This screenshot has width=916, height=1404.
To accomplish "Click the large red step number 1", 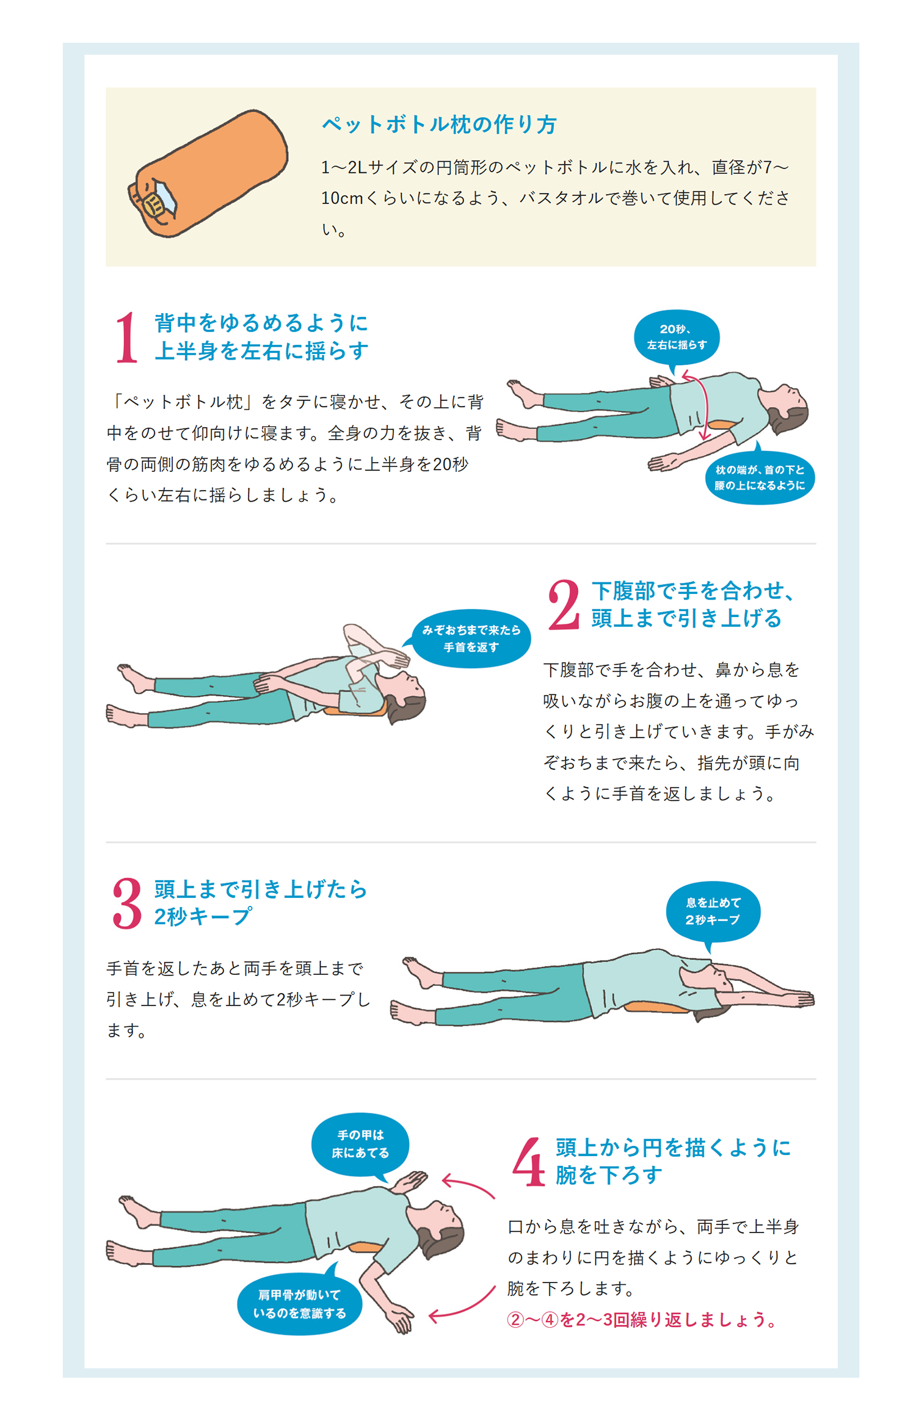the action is pyautogui.click(x=127, y=337).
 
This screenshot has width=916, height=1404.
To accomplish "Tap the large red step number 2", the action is pyautogui.click(x=563, y=604).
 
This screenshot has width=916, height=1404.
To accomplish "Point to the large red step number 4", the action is pyautogui.click(x=529, y=1161).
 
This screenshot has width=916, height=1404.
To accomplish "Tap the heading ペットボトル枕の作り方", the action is pyautogui.click(x=439, y=125).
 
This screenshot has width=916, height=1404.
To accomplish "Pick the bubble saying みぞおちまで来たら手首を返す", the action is pyautogui.click(x=470, y=639).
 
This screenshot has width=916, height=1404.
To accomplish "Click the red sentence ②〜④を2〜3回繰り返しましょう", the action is pyautogui.click(x=642, y=1320).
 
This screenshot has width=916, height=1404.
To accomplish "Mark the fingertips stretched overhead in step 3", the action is pyautogui.click(x=805, y=999).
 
